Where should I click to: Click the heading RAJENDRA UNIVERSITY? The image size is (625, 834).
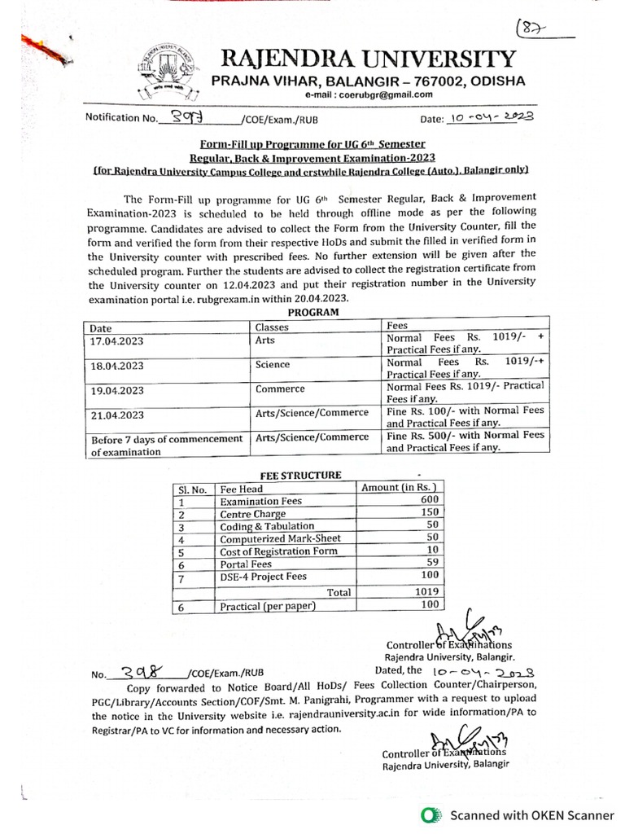click(x=363, y=59)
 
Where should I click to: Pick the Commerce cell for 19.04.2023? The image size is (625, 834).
click(x=281, y=390)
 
